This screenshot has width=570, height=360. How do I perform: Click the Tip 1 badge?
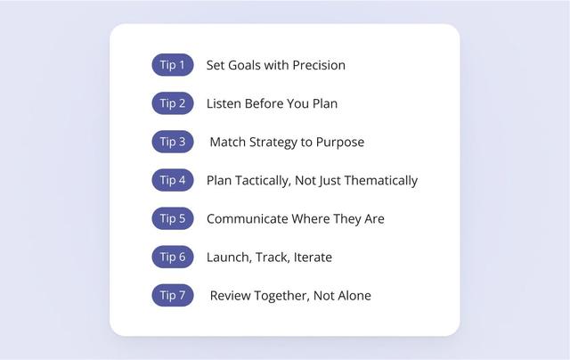pos(172,65)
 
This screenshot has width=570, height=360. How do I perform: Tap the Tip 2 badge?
pos(172,103)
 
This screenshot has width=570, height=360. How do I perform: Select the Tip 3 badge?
pos(172,142)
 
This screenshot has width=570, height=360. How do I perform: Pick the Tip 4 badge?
pos(172,180)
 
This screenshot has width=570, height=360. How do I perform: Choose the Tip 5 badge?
pos(172,218)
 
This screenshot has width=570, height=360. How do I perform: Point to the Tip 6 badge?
pos(172,257)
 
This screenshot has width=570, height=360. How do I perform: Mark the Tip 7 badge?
pos(172,295)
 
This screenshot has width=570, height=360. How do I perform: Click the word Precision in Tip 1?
pos(316,65)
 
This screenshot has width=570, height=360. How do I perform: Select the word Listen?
pos(225,103)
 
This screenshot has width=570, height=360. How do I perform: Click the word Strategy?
pos(277,143)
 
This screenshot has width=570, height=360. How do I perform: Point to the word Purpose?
pos(339,143)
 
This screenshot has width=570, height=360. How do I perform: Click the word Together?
pos(280,296)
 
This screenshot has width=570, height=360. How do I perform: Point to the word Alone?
pos(353,296)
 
